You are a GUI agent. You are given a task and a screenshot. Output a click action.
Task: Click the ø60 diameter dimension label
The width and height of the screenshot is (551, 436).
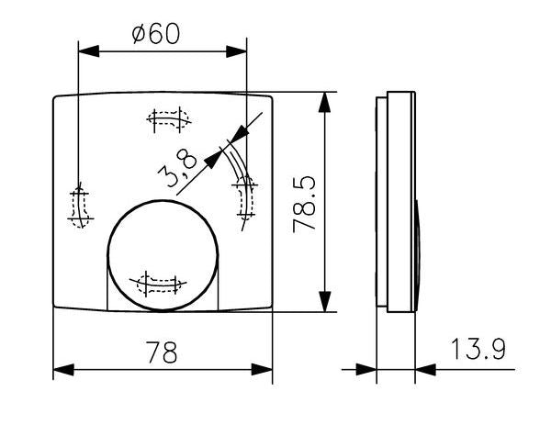click(x=156, y=34)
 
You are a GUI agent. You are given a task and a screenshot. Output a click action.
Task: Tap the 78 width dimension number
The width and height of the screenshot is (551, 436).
click(x=162, y=352)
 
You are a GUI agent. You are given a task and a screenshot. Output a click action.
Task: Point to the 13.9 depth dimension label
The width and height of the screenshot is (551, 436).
click(x=478, y=349)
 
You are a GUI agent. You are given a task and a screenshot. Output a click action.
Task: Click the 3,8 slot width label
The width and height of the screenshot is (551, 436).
click(x=177, y=168)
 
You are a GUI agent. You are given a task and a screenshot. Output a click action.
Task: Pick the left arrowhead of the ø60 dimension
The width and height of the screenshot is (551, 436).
click(x=88, y=51)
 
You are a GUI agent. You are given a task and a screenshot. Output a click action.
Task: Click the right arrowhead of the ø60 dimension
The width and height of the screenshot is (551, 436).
click(x=237, y=51)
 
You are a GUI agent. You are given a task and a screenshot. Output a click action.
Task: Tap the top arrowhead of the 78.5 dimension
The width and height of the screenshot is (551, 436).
click(x=324, y=102)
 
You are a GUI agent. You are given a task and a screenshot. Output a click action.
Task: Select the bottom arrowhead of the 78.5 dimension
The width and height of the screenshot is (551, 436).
click(x=324, y=301)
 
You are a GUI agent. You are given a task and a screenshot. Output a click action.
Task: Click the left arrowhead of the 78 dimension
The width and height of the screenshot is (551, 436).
click(x=63, y=370)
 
